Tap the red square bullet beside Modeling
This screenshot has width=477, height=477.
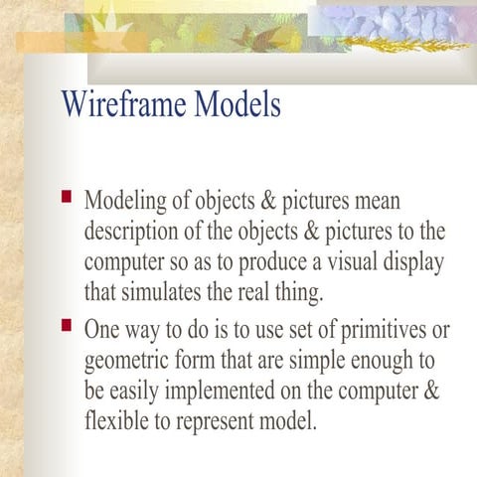(x=67, y=197)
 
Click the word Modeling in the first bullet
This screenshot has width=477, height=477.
(x=125, y=201)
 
